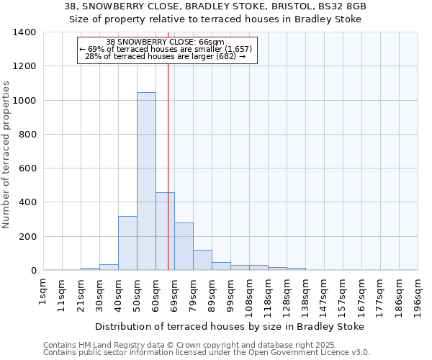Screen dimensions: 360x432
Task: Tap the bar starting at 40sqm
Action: point(127,243)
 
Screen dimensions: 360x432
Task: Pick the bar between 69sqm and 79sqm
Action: point(184,246)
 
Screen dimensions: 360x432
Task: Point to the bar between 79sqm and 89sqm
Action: point(202,260)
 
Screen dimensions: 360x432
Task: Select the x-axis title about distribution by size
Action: point(230,326)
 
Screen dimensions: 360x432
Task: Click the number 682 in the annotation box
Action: point(225,56)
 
